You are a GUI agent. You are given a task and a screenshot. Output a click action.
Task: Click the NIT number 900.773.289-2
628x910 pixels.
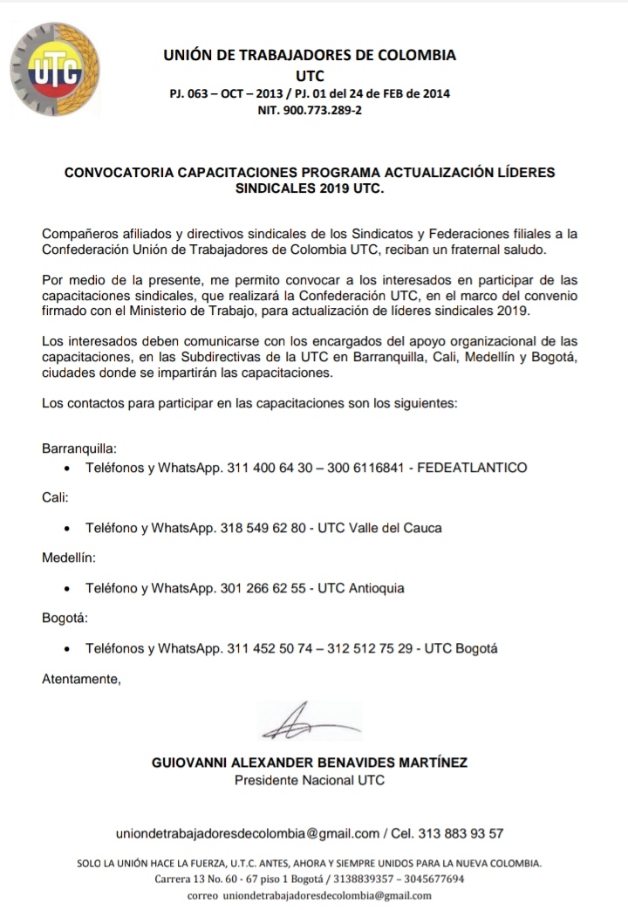coord(310,111)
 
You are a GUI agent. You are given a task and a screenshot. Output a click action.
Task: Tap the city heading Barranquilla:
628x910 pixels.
coord(78,448)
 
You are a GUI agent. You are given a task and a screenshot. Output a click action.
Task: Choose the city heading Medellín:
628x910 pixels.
coord(69,557)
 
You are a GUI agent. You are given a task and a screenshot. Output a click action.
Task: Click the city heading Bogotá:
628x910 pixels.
coord(65,618)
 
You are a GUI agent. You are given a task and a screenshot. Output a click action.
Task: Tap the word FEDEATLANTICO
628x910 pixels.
coord(472,468)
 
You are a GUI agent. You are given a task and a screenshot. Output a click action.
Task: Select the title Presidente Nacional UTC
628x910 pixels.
coord(310,780)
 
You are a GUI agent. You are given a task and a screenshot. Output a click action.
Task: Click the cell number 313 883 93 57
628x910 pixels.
coord(461,833)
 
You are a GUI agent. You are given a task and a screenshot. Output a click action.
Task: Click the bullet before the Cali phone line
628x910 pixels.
coord(68,529)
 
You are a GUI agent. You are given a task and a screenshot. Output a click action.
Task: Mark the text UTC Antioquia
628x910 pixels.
coord(361,588)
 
